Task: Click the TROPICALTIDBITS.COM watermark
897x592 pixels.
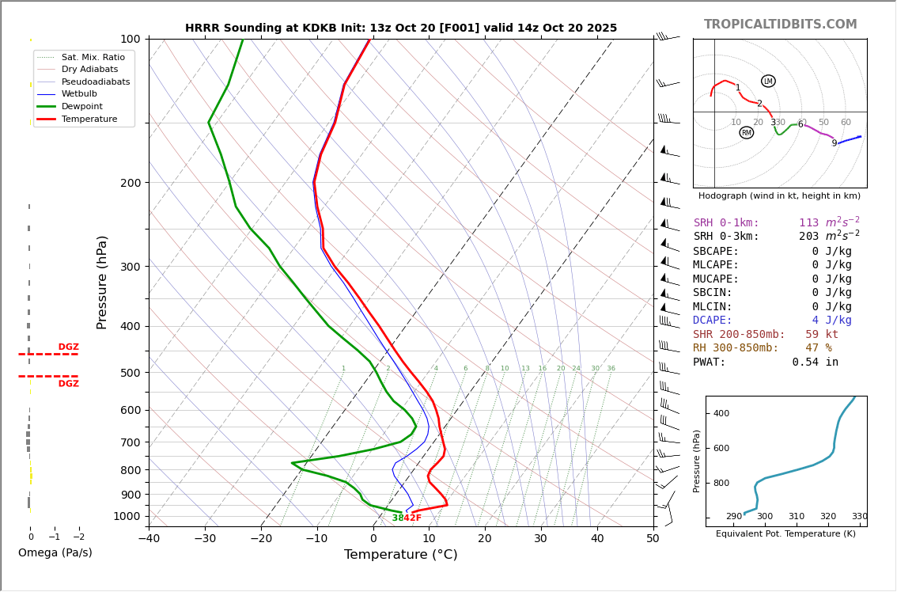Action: tap(780, 25)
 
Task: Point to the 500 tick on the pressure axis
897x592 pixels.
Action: tap(130, 373)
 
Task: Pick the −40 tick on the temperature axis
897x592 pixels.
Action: tap(149, 539)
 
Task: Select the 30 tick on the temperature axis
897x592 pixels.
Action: tap(541, 539)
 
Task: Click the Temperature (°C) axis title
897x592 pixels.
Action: tap(400, 555)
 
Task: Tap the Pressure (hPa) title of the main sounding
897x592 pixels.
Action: tap(102, 282)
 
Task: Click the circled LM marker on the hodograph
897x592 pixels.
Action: tap(768, 82)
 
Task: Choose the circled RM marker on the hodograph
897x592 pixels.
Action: tap(746, 133)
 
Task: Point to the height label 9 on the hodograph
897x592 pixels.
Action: tap(834, 143)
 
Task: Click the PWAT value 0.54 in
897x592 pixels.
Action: tap(816, 362)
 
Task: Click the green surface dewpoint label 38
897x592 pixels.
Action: tap(398, 518)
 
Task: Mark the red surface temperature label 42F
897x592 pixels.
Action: tap(413, 518)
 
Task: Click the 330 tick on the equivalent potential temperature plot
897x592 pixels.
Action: tap(859, 517)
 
